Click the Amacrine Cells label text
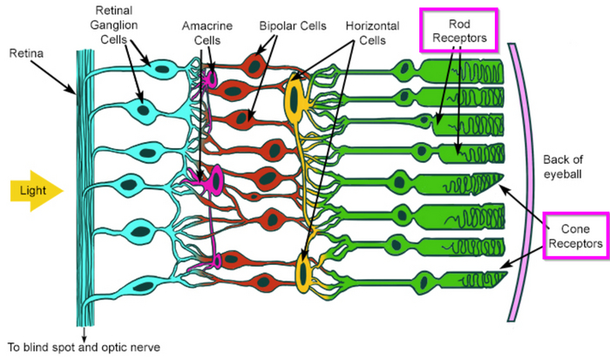(207, 33)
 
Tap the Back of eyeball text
(566, 165)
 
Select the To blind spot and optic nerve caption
(84, 345)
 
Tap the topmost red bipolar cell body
(254, 65)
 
